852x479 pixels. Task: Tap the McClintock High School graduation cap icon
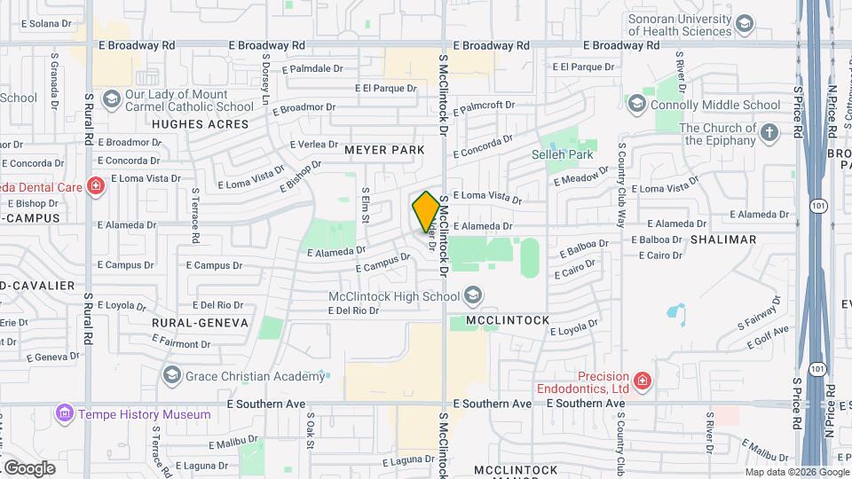pos(473,295)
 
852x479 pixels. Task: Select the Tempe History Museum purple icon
pos(63,413)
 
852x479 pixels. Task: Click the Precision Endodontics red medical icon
pos(642,382)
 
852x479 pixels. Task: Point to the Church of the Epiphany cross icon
pos(769,134)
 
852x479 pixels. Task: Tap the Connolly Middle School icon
pos(636,105)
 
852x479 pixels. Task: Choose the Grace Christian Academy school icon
pos(171,376)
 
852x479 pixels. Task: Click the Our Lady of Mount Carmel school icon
pos(112,98)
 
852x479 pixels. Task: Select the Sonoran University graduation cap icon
pos(745,24)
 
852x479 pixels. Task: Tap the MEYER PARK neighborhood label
pos(384,150)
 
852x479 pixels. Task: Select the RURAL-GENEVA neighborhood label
pos(200,323)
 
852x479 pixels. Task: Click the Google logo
pos(30,467)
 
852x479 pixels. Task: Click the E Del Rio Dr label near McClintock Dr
pos(353,310)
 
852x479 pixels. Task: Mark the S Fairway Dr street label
pos(759,315)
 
